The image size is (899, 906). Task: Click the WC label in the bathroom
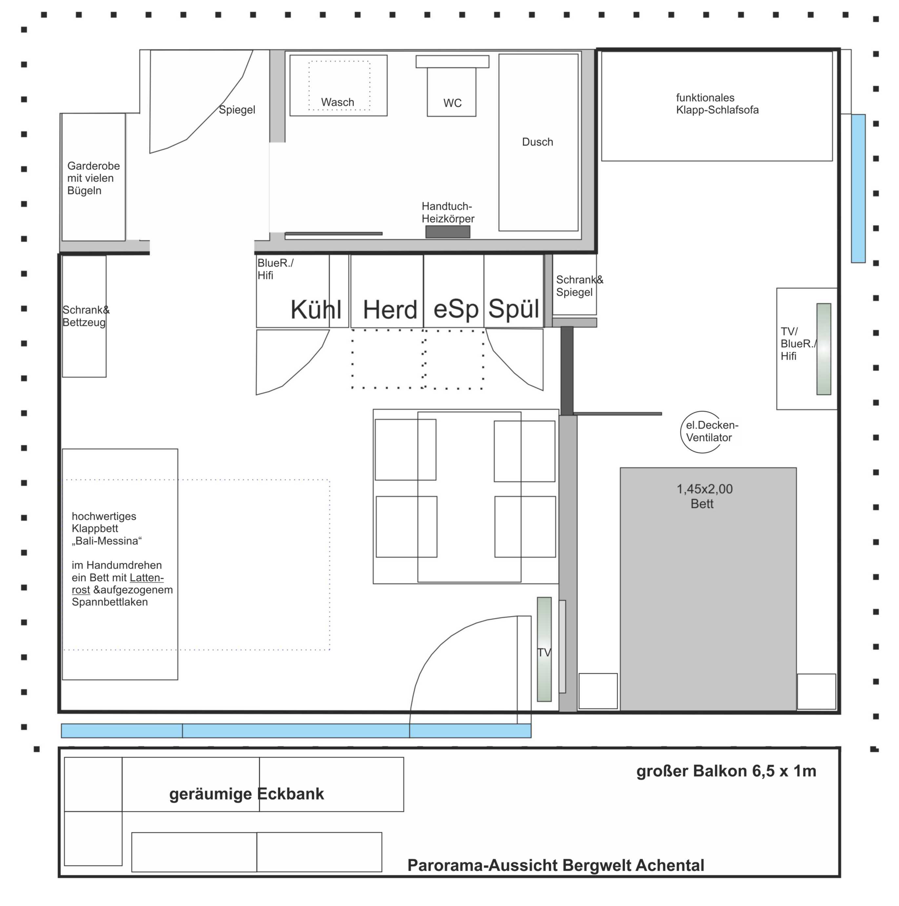452,103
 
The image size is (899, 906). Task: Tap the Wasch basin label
337,102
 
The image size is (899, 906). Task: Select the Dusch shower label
538,142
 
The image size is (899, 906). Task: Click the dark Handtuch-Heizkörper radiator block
448,232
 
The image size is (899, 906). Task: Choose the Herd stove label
390,310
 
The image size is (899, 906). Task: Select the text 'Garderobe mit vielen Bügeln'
93,178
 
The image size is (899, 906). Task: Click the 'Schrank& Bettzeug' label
86,316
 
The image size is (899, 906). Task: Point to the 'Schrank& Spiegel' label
580,286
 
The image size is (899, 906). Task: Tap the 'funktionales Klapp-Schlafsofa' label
717,104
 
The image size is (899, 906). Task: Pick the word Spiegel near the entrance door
237,110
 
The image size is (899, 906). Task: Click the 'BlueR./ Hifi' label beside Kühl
276,269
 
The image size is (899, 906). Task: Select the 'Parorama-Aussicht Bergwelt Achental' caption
556,865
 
